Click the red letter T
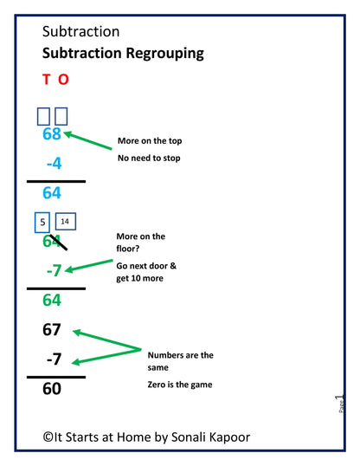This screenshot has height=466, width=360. pos(47,80)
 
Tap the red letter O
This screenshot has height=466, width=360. pos(63,80)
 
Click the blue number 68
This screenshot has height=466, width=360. pos(52,134)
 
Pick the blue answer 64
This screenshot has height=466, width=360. pos(52,192)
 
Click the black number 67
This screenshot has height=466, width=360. pos(52,330)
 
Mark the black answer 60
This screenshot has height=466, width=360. pos(52,389)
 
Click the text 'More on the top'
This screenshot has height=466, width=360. pos(150,141)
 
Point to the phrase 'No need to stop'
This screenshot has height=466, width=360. pos(149,159)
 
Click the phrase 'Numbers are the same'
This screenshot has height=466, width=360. pos(180,360)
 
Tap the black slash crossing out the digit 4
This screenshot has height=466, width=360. pos(59,243)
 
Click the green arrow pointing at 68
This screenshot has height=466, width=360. pos(87,139)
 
